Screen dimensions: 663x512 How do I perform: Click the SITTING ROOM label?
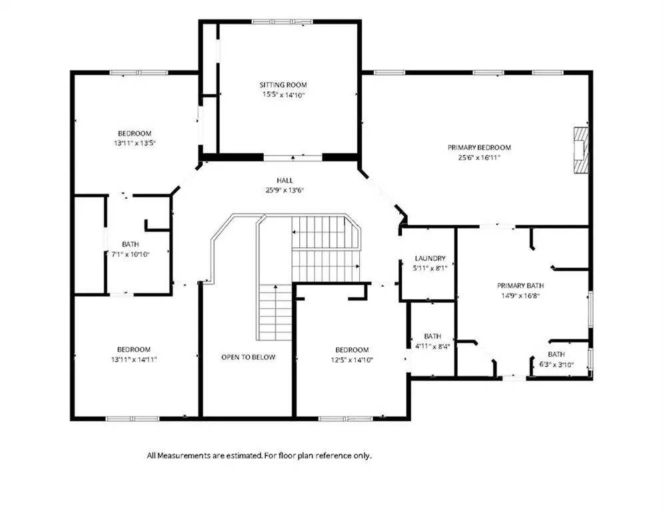click(283, 85)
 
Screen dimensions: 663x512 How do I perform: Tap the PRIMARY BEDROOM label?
click(480, 148)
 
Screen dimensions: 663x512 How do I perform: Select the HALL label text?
click(285, 181)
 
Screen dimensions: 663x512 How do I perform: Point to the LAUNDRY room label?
click(430, 258)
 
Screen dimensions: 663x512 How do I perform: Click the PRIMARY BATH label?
click(520, 285)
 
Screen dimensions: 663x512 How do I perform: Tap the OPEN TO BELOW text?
click(248, 357)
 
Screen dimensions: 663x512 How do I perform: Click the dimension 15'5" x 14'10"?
click(283, 95)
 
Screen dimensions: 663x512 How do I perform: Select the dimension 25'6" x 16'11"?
click(480, 158)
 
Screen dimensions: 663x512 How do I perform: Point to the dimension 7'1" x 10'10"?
click(130, 255)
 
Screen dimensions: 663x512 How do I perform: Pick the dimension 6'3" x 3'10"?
click(556, 364)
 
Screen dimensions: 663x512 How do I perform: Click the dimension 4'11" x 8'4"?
click(432, 346)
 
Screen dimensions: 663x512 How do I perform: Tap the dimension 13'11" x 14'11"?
click(134, 360)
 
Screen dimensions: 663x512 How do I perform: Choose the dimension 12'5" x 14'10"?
click(352, 360)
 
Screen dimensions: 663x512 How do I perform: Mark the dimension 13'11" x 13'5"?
click(135, 143)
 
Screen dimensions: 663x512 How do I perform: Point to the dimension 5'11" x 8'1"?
click(430, 268)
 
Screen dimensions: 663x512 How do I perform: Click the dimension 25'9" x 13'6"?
click(285, 191)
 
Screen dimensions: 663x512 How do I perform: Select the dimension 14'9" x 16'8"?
click(520, 296)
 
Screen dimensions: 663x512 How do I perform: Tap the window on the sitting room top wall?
click(283, 21)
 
